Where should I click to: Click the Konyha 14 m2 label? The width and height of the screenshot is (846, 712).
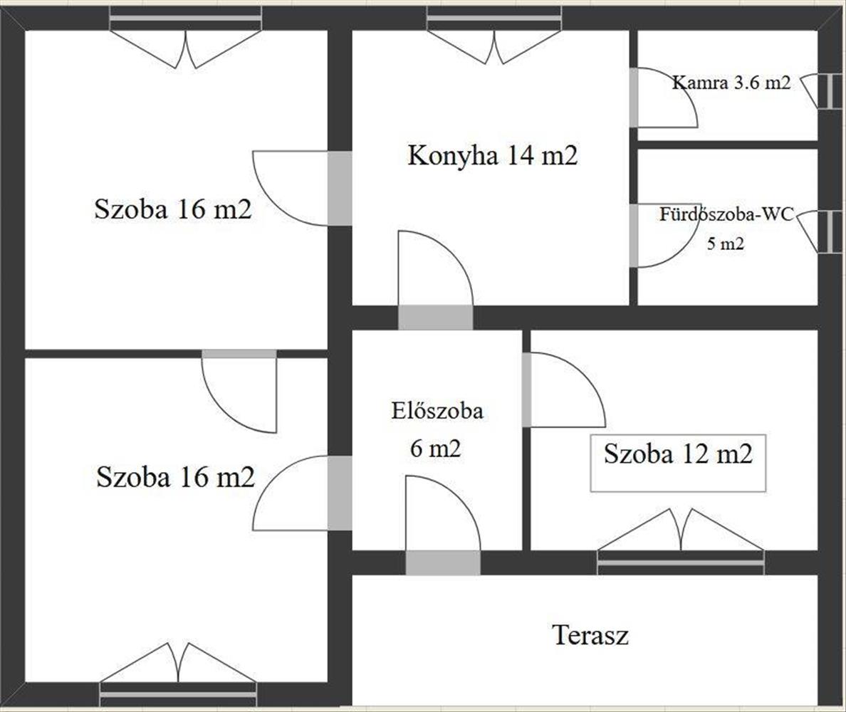[492, 155]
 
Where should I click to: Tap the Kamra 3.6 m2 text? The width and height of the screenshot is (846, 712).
[731, 82]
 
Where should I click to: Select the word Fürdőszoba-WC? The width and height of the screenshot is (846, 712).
[726, 214]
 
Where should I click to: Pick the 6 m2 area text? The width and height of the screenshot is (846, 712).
[436, 449]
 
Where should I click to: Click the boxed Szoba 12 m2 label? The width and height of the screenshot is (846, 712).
[678, 454]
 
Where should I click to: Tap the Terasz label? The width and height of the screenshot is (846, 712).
[590, 634]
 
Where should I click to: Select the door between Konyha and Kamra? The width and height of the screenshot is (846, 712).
[634, 98]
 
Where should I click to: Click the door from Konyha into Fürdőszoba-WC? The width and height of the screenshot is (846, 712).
[634, 236]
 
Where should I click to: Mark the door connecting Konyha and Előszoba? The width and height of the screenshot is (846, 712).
[435, 317]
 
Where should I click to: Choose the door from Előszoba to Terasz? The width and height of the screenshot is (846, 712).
[443, 562]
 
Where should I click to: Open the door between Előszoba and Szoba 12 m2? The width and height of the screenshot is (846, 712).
[527, 389]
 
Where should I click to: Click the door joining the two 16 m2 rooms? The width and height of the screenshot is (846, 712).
[239, 354]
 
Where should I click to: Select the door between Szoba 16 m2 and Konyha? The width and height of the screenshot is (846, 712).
[340, 188]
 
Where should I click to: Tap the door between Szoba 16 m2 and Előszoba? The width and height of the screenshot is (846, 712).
[340, 493]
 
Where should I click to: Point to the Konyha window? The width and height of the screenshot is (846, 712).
[493, 19]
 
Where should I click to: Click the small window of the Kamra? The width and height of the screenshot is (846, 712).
[830, 90]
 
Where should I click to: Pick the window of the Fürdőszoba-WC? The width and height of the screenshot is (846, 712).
[830, 231]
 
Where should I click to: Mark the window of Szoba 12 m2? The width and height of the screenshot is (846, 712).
[680, 562]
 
